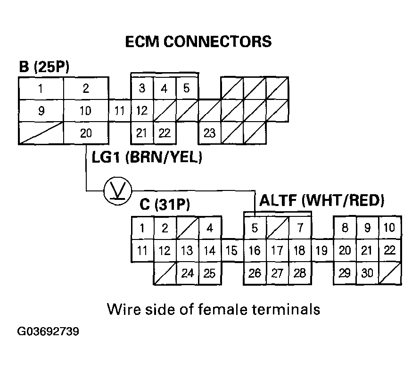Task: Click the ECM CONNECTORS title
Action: click(198, 42)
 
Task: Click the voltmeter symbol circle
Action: click(115, 191)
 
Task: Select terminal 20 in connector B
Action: click(86, 133)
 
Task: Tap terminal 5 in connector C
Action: click(255, 229)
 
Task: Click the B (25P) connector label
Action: click(44, 67)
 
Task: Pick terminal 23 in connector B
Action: click(209, 133)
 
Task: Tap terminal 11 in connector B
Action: click(120, 111)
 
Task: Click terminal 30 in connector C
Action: click(367, 273)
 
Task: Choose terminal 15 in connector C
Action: click(231, 251)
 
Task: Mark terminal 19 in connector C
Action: click(321, 251)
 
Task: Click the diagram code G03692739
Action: click(48, 331)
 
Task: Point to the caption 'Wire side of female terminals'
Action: click(214, 309)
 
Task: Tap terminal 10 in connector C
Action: click(390, 229)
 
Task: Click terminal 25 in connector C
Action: click(210, 273)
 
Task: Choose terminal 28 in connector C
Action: click(300, 273)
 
